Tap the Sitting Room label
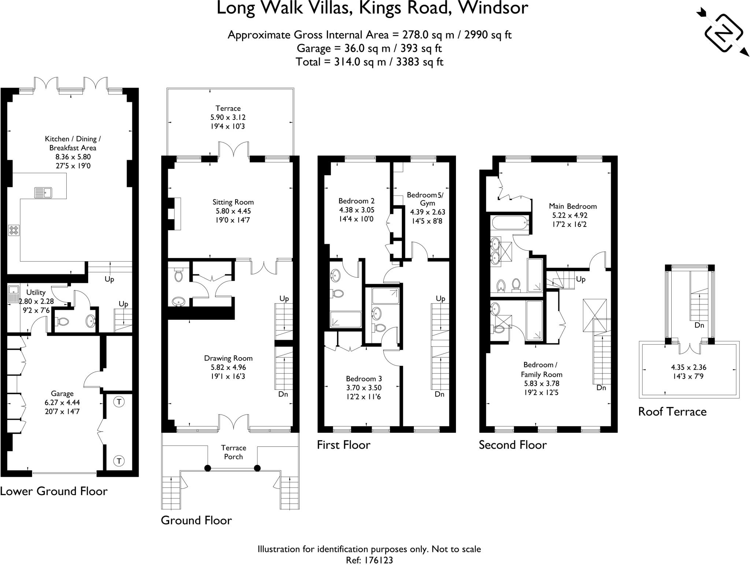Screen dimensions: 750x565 (x=233, y=202)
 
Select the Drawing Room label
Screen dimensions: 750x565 (x=228, y=358)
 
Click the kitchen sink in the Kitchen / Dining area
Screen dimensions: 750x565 (x=43, y=192)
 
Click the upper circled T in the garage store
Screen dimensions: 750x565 (x=119, y=402)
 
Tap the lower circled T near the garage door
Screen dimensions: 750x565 (x=119, y=460)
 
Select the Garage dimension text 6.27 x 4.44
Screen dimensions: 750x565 (x=62, y=403)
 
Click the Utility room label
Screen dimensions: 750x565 (x=36, y=292)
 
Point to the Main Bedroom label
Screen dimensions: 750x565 (x=573, y=206)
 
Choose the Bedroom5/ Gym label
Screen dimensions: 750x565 (x=427, y=199)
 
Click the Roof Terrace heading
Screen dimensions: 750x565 (x=672, y=412)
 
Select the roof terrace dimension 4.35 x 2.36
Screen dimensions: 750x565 (x=689, y=367)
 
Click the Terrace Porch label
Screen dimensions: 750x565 (x=234, y=452)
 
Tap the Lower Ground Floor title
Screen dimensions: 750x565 (x=54, y=491)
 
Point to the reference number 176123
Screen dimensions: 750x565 (x=379, y=560)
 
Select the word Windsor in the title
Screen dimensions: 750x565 (x=493, y=8)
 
